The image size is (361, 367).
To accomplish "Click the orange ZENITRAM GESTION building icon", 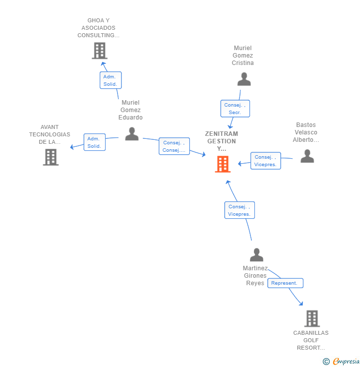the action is click(223, 164).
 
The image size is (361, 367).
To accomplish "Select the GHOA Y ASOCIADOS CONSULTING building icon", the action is click(100, 51).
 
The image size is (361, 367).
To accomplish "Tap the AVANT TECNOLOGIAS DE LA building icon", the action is click(51, 157).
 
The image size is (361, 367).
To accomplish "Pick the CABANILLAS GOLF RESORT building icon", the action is click(311, 318).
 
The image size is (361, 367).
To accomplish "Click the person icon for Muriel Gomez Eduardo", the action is click(131, 134).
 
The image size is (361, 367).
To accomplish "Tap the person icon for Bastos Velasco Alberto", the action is click(307, 157).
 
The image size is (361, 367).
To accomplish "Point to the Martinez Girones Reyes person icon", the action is click(256, 255).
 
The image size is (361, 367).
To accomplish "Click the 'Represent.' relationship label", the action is click(285, 283).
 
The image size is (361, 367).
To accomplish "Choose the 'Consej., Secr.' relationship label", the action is click(235, 109).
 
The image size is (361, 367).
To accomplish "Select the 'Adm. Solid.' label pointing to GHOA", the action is click(110, 80).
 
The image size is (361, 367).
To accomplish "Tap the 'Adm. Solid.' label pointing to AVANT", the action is click(94, 142).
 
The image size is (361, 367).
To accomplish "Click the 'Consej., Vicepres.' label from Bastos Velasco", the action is click(265, 161).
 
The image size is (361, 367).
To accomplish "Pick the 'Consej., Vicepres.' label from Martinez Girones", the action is click(239, 210).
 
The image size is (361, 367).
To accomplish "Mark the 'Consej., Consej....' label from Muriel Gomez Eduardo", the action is click(174, 146).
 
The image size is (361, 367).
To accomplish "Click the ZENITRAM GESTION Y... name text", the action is click(222, 141).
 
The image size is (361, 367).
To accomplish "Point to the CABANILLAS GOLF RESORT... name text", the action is click(311, 340).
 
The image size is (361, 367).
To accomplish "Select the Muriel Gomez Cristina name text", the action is click(243, 56).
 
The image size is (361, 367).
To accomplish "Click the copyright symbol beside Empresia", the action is click(326, 362).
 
